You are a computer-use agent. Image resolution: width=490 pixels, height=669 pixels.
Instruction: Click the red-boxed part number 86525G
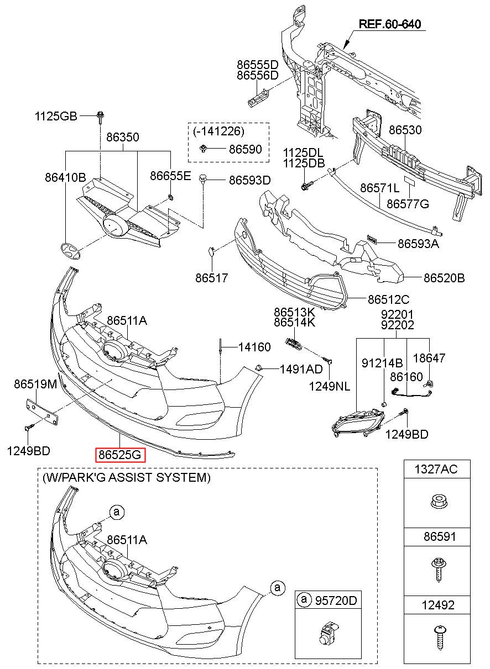(121, 455)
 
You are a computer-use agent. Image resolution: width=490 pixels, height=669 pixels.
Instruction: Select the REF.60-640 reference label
(390, 24)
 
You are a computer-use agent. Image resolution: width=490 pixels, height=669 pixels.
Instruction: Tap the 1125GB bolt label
(56, 116)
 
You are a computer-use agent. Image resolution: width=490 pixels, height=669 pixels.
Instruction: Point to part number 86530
(405, 130)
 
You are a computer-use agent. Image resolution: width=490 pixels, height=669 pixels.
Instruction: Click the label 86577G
(408, 204)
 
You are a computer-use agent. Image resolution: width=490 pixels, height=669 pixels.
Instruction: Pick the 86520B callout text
(444, 278)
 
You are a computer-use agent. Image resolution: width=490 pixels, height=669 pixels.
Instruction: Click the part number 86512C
(389, 300)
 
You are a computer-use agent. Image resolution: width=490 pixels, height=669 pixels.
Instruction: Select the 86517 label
(211, 278)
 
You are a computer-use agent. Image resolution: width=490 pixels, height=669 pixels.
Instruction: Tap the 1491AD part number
(300, 368)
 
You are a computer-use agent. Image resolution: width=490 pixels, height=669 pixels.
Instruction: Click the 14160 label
(254, 347)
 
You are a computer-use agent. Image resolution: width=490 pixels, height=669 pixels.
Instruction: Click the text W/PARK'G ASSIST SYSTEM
(126, 477)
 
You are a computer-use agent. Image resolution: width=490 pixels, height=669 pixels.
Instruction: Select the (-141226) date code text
(218, 131)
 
